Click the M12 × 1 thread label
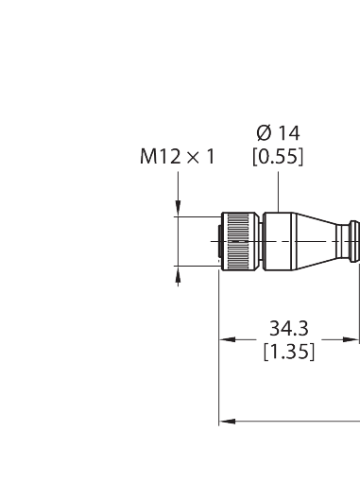point(178,157)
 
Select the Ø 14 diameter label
point(278,133)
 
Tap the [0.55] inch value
point(278,156)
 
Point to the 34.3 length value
point(289,328)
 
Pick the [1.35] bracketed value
point(289,352)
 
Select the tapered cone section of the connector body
point(317,241)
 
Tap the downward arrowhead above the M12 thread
point(179,208)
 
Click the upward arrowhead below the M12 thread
point(179,274)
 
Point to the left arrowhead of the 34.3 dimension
point(227,339)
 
